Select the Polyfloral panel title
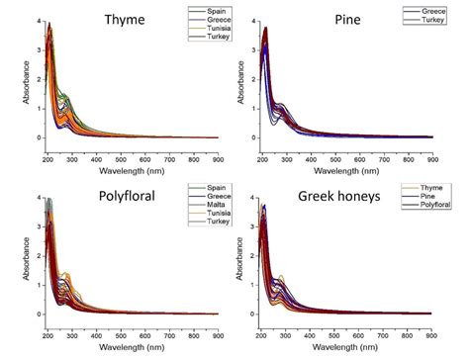pos(111,198)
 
